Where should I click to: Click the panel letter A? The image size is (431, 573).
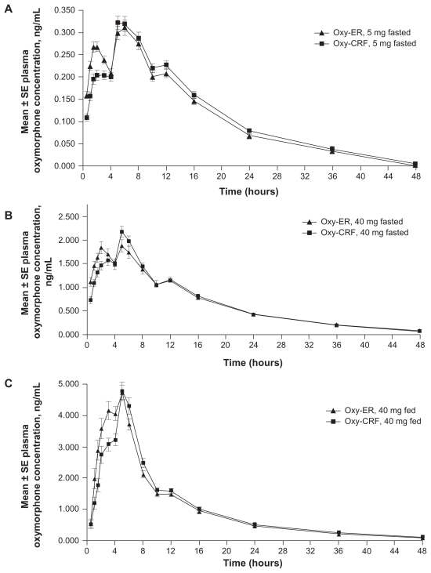point(6,7)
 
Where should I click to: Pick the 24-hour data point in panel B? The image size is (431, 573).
point(253,314)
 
